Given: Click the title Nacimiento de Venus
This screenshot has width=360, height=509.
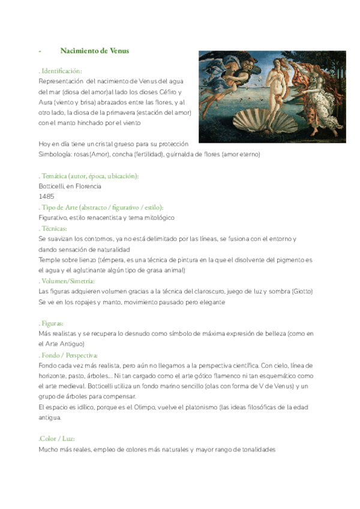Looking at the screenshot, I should click(95, 51).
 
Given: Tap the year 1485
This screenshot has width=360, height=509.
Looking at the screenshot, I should click(46, 196).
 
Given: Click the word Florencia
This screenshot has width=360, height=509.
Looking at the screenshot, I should click(88, 186).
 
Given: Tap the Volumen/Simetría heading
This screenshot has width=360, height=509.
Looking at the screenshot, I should click(67, 280).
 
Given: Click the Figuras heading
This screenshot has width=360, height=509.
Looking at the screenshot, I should click(51, 323).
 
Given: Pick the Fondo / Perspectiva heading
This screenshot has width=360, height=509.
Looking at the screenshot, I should click(68, 355).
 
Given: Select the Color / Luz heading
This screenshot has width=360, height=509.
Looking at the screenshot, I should click(56, 439).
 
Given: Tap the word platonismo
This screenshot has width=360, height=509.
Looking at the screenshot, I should click(197, 408).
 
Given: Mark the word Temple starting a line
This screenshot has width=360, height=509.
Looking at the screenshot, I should click(50, 259).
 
